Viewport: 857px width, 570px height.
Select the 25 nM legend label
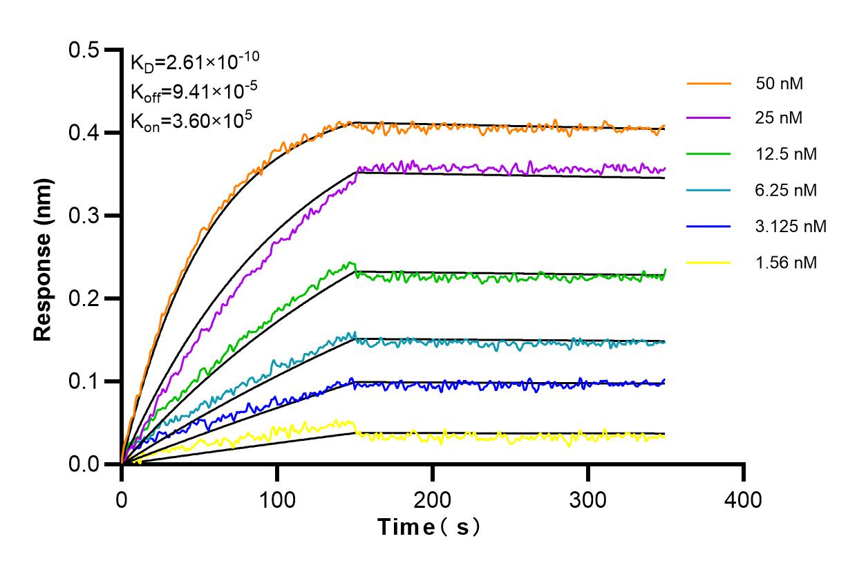click(x=780, y=118)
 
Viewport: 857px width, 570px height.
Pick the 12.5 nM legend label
click(x=787, y=154)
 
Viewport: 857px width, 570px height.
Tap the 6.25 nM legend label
click(x=787, y=190)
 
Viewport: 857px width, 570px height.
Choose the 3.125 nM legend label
click(x=791, y=226)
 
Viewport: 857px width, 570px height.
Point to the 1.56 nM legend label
click(x=787, y=262)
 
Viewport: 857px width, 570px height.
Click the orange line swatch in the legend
click(x=709, y=83)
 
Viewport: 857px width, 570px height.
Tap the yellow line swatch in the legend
click(x=709, y=262)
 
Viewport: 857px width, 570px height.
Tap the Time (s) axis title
click(x=428, y=528)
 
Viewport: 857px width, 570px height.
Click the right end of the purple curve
click(x=664, y=169)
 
